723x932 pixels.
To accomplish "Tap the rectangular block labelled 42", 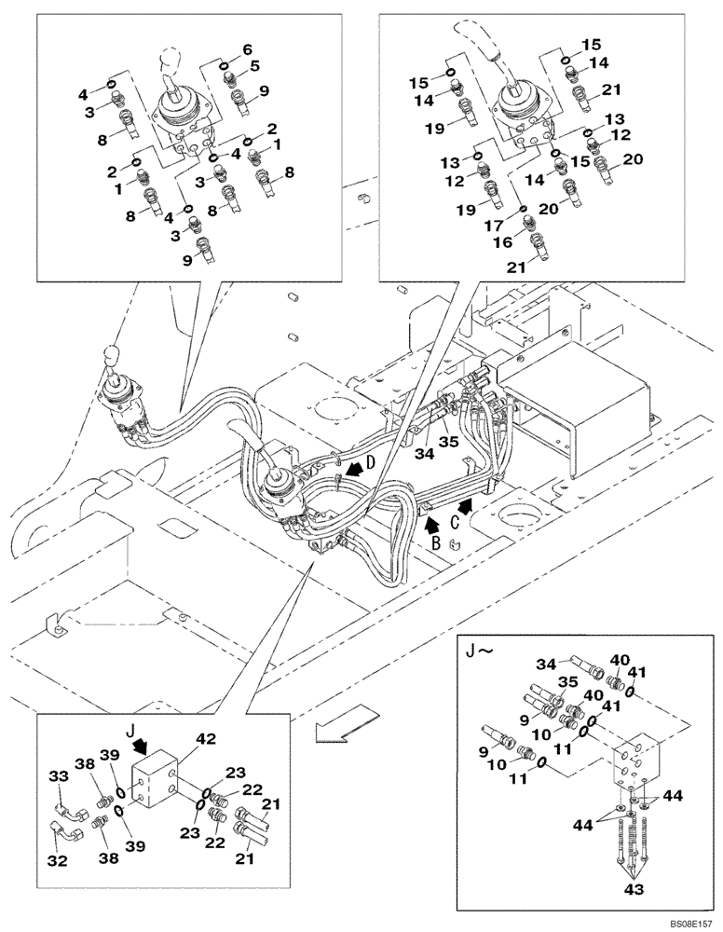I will pos(155,781).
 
